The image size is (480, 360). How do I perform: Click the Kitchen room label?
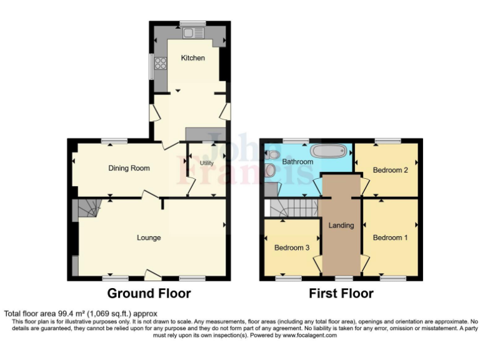point(192,58)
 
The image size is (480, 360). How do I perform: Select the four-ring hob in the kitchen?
point(161,63)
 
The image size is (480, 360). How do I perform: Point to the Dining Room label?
point(129,168)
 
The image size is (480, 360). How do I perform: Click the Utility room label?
point(206,163)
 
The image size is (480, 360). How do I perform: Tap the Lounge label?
point(149,237)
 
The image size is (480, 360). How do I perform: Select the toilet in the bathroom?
point(271,154)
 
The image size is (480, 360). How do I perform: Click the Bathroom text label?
point(297,162)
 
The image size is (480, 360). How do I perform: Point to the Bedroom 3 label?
point(292,248)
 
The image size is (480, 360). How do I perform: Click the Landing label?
point(341,226)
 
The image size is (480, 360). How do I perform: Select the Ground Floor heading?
point(149,293)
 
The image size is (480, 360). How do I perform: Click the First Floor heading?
point(341,293)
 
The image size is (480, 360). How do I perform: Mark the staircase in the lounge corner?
point(86,209)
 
